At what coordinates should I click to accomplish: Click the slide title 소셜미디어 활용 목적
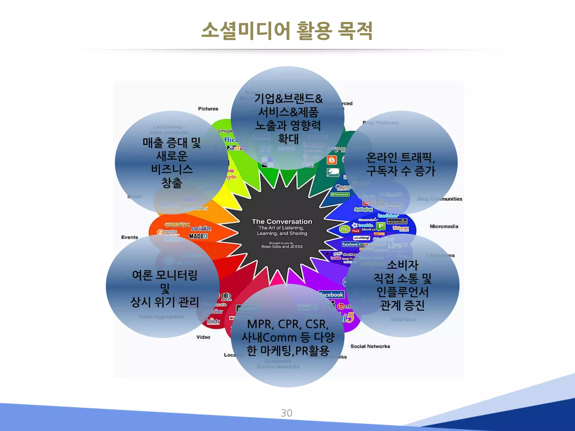pyautogui.click(x=287, y=31)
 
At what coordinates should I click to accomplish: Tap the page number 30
pyautogui.click(x=286, y=413)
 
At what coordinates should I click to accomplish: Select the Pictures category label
pyautogui.click(x=208, y=109)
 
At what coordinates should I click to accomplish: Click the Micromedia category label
pyautogui.click(x=444, y=226)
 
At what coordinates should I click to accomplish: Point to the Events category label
pyautogui.click(x=130, y=237)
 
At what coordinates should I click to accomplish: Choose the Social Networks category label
pyautogui.click(x=370, y=347)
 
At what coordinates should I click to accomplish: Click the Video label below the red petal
pyautogui.click(x=203, y=337)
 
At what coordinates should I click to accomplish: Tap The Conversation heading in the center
pyautogui.click(x=282, y=222)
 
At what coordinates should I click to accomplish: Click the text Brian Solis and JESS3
pyautogui.click(x=282, y=247)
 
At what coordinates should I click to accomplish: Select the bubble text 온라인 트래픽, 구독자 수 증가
pyautogui.click(x=401, y=164)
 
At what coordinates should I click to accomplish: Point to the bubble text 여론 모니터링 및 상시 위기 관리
pyautogui.click(x=165, y=288)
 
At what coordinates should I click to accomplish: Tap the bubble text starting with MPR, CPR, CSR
pyautogui.click(x=288, y=337)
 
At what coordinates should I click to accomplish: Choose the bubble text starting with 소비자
pyautogui.click(x=403, y=285)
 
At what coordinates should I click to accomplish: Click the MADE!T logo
pyautogui.click(x=198, y=236)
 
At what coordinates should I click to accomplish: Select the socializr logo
pyautogui.click(x=201, y=229)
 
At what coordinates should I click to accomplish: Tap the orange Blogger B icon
pyautogui.click(x=332, y=160)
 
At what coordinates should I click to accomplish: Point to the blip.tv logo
pyautogui.click(x=213, y=321)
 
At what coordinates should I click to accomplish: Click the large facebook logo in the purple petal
pyautogui.click(x=332, y=295)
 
